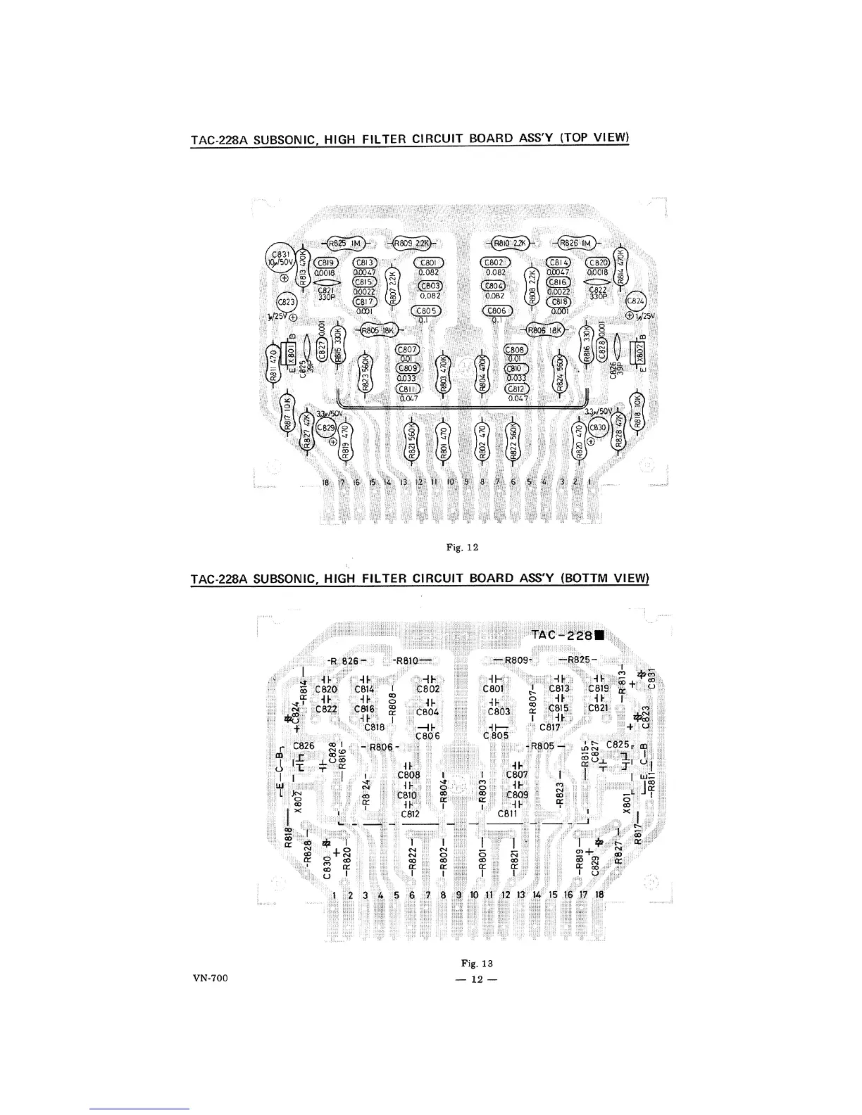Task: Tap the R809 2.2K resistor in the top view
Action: (412, 243)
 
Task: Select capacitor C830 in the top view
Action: (597, 427)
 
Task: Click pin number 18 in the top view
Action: (325, 482)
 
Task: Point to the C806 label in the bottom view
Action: (428, 736)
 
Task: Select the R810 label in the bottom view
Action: (408, 660)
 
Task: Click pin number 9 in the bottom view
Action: (459, 895)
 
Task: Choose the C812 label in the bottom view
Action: (410, 814)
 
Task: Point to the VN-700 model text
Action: (209, 978)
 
